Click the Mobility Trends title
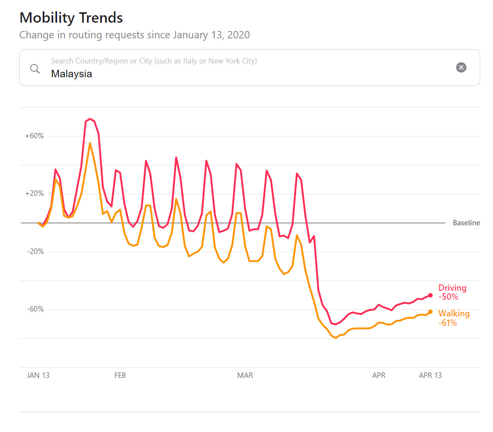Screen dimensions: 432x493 (71, 18)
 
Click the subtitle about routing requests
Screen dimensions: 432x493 (134, 35)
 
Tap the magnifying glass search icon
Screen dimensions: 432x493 (35, 68)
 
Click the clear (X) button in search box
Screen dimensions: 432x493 (461, 67)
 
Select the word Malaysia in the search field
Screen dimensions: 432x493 (71, 74)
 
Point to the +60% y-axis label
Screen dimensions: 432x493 (34, 136)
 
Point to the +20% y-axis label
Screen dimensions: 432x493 (34, 193)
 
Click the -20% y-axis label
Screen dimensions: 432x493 (35, 251)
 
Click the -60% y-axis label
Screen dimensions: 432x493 (35, 309)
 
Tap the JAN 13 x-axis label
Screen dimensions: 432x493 (38, 375)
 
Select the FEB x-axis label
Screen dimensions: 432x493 (120, 375)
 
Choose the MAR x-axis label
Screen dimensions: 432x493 (245, 375)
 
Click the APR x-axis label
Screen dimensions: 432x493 (379, 375)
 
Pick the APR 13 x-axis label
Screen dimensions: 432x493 (430, 375)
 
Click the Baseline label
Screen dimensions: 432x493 (466, 223)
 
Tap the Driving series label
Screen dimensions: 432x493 (452, 288)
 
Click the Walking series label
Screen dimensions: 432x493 (454, 314)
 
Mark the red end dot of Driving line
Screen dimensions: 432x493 (431, 295)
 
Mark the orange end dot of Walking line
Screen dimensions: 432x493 (431, 311)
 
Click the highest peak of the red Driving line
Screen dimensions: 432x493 (90, 119)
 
